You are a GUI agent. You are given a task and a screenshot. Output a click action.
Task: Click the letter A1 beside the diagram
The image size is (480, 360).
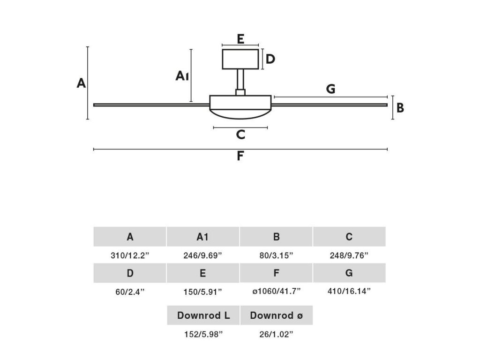point(182,76)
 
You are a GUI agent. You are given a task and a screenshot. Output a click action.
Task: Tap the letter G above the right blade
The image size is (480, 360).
point(330,89)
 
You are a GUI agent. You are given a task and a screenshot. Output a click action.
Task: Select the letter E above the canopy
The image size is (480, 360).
point(240,39)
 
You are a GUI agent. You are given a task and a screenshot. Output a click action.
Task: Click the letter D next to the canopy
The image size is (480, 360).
point(270,59)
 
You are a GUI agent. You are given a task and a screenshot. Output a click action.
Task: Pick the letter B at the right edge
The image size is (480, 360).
point(400,108)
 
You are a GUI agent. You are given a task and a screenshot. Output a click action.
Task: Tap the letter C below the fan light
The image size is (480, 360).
point(240,135)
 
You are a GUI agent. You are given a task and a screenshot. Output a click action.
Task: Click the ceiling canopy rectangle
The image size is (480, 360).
point(240,59)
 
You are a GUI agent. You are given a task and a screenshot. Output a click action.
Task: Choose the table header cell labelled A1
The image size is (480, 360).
point(202,237)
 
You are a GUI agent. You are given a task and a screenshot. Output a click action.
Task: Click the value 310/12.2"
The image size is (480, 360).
point(130,255)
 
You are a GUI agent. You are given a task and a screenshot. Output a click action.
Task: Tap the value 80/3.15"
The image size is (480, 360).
point(276,255)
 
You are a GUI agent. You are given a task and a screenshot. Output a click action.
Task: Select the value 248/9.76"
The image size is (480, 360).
point(349,255)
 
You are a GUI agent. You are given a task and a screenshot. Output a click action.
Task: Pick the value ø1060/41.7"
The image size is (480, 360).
point(276,291)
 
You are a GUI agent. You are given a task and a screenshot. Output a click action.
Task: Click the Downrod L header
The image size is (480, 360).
point(203,315)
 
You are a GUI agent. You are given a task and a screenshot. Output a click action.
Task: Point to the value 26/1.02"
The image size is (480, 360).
point(276,334)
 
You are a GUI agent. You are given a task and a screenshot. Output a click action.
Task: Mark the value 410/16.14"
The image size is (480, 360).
point(349,291)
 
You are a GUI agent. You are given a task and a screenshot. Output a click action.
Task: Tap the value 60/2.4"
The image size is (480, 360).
point(130,291)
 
